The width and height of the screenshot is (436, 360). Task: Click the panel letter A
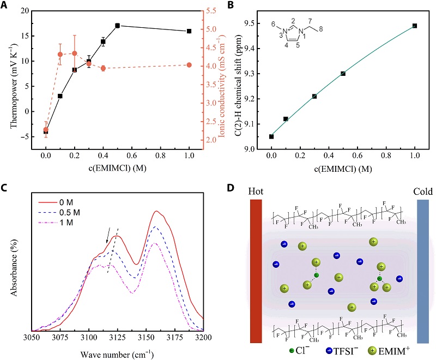click(x=5, y=6)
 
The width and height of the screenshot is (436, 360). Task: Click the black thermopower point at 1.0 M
click(x=189, y=31)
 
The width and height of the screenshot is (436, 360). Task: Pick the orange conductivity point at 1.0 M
click(x=189, y=65)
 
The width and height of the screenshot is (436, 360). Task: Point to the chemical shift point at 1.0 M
click(x=415, y=26)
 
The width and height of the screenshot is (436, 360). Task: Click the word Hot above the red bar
click(x=256, y=192)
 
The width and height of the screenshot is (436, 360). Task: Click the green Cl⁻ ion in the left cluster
click(x=316, y=275)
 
